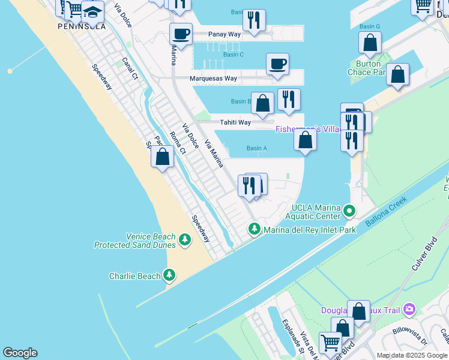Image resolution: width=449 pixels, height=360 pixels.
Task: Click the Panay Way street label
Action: click(x=224, y=34)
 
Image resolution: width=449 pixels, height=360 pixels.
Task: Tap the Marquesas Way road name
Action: click(x=213, y=79)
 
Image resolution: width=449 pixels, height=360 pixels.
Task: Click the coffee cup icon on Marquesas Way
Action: click(x=277, y=64)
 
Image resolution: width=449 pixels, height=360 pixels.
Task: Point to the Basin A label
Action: click(x=256, y=148)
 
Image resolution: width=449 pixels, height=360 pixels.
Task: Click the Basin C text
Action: click(x=233, y=55)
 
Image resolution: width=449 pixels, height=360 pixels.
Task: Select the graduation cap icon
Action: click(x=92, y=11)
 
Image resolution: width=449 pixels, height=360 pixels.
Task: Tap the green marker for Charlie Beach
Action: click(x=170, y=275)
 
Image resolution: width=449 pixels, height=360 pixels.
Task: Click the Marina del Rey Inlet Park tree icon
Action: click(x=255, y=229)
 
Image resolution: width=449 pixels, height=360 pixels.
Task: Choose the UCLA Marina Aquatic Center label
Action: click(x=312, y=212)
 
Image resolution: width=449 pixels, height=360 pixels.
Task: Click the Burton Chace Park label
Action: click(x=367, y=68)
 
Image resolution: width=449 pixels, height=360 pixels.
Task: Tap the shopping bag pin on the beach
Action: click(x=162, y=157)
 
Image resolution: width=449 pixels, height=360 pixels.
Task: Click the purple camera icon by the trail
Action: click(x=409, y=310)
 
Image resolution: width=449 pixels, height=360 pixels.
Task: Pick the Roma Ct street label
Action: click(x=177, y=143)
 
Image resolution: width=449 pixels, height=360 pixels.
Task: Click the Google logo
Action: click(x=20, y=353)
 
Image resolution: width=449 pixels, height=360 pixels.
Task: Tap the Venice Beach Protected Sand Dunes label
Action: click(x=135, y=241)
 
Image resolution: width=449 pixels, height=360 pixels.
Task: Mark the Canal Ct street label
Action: click(x=130, y=68)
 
